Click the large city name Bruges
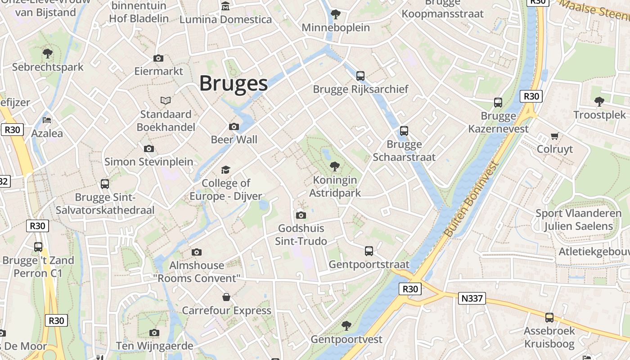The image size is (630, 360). click(234, 84)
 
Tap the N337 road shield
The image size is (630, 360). click(472, 298)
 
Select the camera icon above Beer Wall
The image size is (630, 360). click(234, 127)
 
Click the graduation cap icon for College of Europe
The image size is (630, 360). click(225, 170)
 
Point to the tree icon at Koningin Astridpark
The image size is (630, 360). click(334, 166)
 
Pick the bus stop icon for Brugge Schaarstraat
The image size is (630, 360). click(404, 131)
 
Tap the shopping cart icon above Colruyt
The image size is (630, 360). click(554, 136)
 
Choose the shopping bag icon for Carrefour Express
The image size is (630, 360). click(226, 297)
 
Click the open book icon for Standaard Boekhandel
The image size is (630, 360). click(166, 100)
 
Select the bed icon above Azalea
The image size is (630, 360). click(47, 120)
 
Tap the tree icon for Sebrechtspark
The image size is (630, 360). click(48, 54)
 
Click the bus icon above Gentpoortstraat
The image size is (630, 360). click(369, 251)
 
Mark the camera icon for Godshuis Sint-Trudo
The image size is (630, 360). click(301, 215)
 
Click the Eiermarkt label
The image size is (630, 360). click(159, 71)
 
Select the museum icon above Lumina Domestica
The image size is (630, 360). click(225, 6)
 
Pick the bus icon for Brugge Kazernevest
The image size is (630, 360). click(498, 103)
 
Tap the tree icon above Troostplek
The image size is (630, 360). click(599, 102)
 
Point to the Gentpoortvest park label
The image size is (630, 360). click(346, 339)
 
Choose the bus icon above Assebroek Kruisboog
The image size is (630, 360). click(549, 318)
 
